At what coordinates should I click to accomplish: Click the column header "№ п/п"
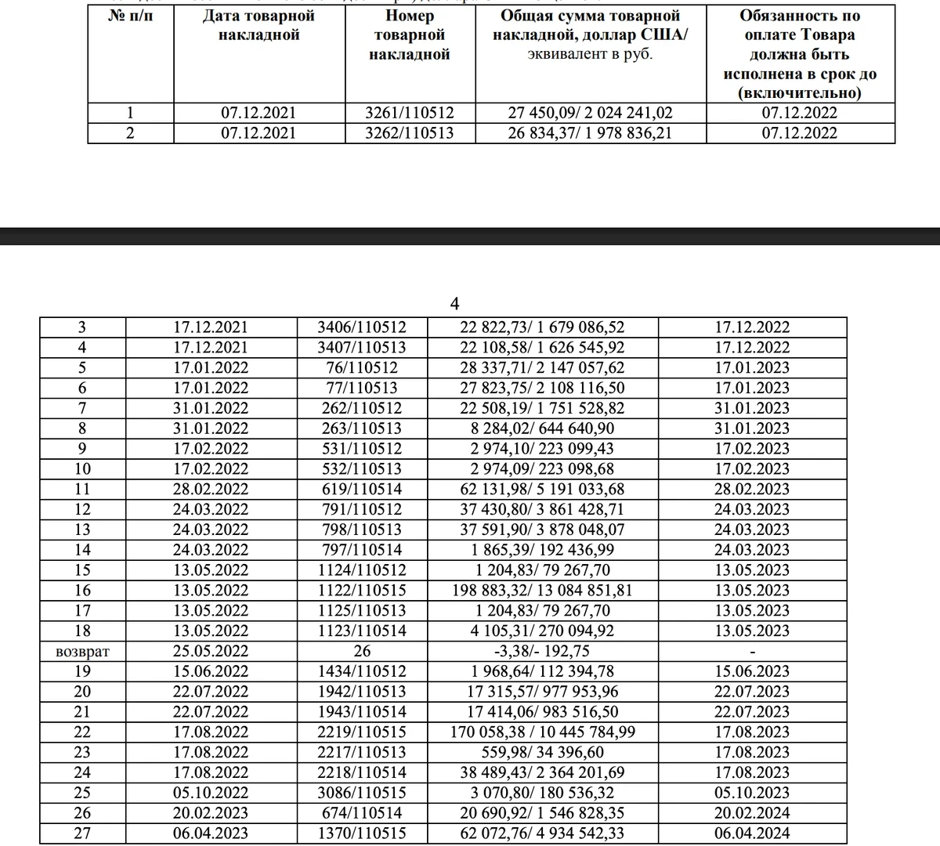[129, 16]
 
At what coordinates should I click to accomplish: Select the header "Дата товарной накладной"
[258, 25]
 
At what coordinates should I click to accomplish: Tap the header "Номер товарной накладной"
[410, 35]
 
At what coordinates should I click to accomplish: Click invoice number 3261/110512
[410, 113]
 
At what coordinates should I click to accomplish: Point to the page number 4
[455, 303]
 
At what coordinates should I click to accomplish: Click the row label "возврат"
[83, 652]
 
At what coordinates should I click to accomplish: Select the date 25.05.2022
[211, 652]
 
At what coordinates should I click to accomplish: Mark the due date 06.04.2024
[753, 833]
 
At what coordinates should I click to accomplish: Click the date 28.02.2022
[211, 490]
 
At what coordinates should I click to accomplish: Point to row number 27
[83, 833]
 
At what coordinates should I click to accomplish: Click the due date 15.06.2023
[753, 672]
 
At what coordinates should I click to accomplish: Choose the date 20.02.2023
[211, 813]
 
